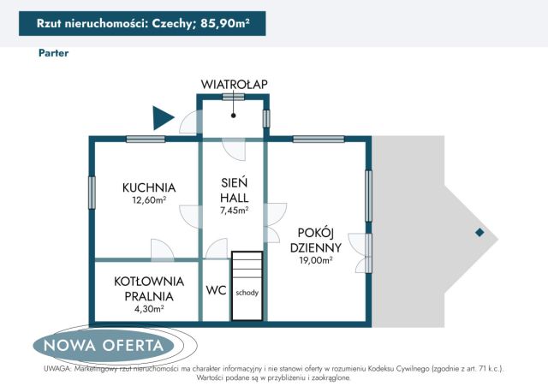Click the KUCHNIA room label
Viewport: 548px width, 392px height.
(x=148, y=187)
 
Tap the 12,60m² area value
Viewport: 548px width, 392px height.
(x=148, y=201)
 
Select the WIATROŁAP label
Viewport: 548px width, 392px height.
(x=234, y=83)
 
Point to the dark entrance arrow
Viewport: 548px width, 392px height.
(x=162, y=118)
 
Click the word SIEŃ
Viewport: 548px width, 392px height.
(x=234, y=181)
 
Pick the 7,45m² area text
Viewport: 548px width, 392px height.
(x=234, y=210)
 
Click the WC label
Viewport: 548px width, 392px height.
(x=216, y=290)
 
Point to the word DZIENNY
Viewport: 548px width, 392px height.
(x=316, y=246)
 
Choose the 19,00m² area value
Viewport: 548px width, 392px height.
(x=316, y=260)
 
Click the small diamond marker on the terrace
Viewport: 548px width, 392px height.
(x=479, y=233)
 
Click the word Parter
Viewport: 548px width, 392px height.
(x=53, y=53)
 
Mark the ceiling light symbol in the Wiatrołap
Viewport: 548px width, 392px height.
(x=233, y=110)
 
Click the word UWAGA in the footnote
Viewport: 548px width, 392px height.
(x=57, y=369)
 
